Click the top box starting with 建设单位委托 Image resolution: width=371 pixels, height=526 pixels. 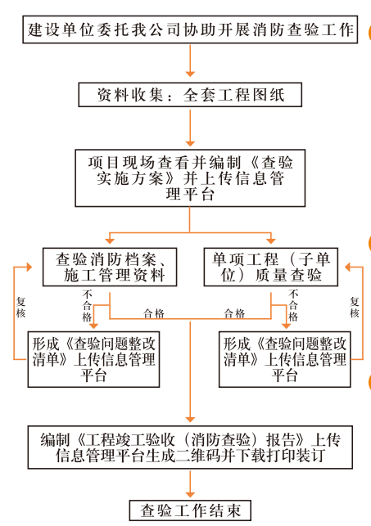tap(191, 30)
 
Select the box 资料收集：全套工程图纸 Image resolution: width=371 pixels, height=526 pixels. tap(191, 95)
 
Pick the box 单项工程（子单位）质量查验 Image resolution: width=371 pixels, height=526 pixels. tap(271, 267)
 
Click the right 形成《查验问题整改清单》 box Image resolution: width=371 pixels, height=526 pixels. tap(287, 358)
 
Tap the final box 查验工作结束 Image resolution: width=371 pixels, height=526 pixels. tap(190, 510)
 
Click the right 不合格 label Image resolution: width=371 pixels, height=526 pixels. tap(294, 305)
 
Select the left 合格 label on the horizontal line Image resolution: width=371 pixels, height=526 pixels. tap(153, 313)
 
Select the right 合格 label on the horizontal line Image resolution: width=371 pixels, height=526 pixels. tap(233, 313)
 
